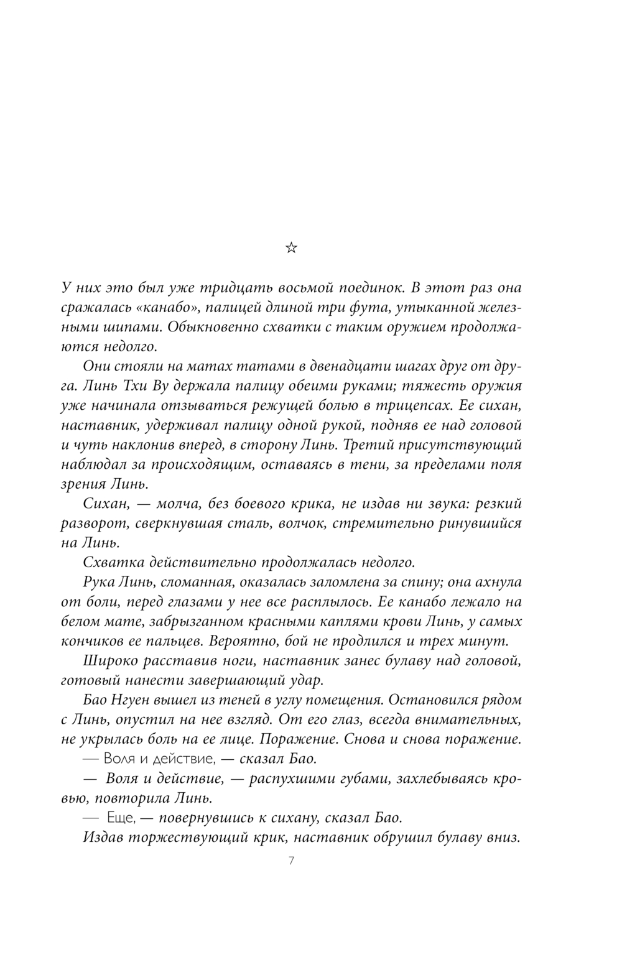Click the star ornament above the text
[291, 249]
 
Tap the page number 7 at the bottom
[291, 861]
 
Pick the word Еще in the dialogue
[117, 817]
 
